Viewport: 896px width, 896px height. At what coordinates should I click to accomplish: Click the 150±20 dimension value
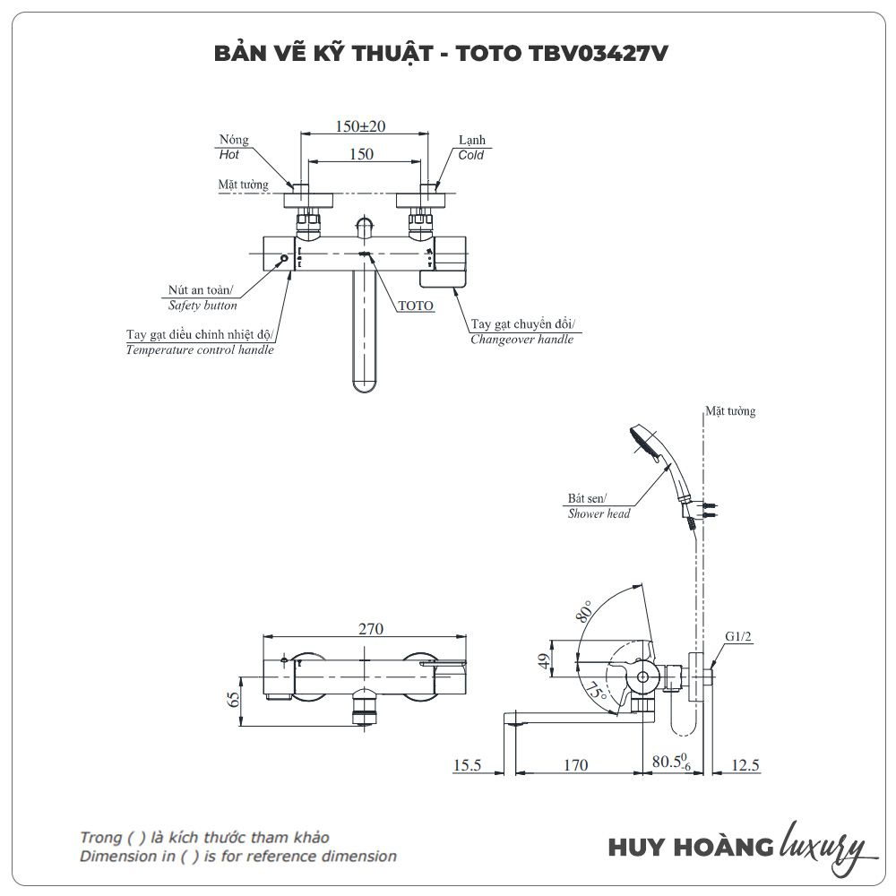tap(360, 126)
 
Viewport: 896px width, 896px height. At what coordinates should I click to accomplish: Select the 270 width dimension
tap(366, 629)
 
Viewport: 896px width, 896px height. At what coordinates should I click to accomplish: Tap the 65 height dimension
tap(235, 699)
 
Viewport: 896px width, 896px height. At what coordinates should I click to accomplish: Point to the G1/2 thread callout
tap(738, 637)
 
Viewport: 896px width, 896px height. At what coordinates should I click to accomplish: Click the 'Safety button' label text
tap(203, 306)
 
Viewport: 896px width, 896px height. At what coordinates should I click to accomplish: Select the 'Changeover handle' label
tap(522, 340)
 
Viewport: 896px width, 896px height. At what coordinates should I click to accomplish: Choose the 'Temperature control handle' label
tap(200, 349)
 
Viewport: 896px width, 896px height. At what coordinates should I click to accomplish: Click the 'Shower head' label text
tap(599, 513)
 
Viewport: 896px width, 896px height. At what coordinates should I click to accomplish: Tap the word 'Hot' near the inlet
tap(229, 155)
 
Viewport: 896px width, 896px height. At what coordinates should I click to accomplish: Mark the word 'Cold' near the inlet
tap(470, 155)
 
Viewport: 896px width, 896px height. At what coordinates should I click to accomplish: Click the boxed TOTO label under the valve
tap(416, 306)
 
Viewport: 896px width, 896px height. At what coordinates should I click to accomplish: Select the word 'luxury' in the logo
tap(823, 846)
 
